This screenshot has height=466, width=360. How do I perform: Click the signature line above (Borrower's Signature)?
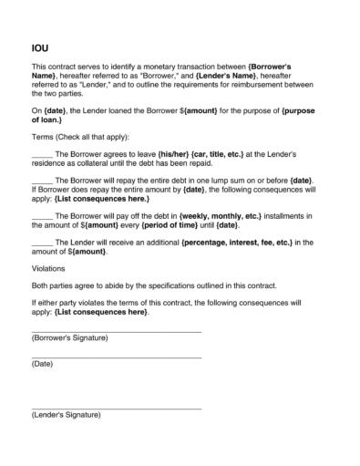point(116,330)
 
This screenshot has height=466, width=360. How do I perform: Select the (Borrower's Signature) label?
point(69,338)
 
